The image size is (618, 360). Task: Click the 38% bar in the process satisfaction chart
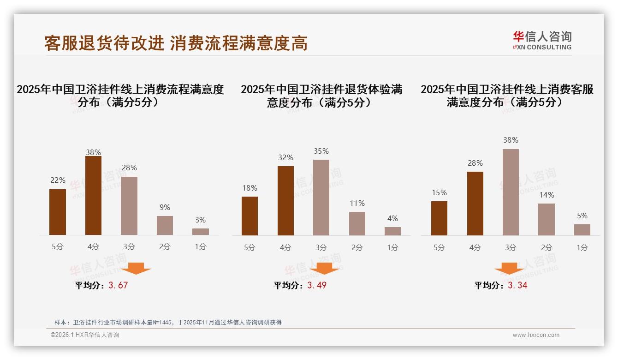(x=93, y=196)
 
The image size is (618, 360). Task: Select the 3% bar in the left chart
(x=201, y=232)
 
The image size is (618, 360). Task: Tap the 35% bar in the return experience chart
(x=321, y=198)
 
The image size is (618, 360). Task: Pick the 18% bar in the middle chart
(x=250, y=216)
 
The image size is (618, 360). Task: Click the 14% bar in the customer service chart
(x=547, y=219)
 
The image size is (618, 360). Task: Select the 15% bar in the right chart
(x=439, y=218)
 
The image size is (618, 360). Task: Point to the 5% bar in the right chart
(x=582, y=230)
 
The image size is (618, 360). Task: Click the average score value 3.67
(x=118, y=285)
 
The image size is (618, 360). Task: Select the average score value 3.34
(x=517, y=285)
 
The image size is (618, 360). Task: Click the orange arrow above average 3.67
(x=136, y=268)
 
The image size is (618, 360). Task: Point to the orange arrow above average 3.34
(x=509, y=268)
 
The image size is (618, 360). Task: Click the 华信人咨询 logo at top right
(x=542, y=40)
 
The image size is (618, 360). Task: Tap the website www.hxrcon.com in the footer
(x=536, y=335)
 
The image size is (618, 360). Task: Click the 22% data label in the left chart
(x=58, y=180)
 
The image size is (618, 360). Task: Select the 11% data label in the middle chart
(x=357, y=203)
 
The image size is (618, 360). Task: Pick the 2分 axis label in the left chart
(x=165, y=247)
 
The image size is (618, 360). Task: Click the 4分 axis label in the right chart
(x=475, y=247)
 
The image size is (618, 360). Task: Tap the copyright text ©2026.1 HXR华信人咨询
(x=85, y=335)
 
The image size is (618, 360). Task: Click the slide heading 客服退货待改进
(x=104, y=43)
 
